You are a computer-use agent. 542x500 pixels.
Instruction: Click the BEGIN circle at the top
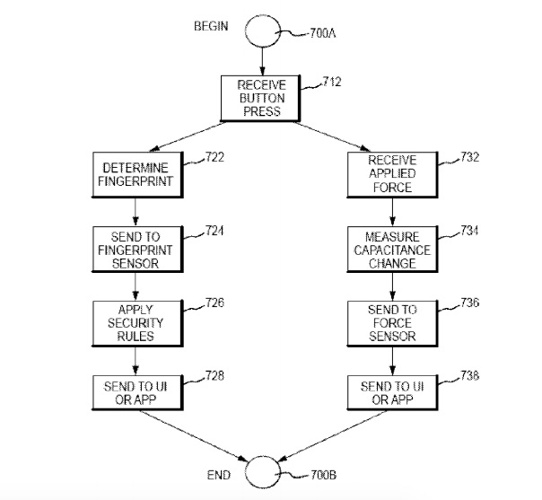[261, 30]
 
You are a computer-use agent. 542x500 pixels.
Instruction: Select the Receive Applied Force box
[391, 173]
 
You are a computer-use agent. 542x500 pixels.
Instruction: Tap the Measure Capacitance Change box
[391, 248]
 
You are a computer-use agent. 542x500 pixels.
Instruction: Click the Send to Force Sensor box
[391, 322]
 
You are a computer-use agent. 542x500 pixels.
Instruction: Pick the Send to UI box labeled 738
[391, 391]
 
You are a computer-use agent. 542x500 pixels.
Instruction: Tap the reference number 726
[214, 303]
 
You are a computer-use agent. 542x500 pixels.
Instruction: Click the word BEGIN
[213, 26]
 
